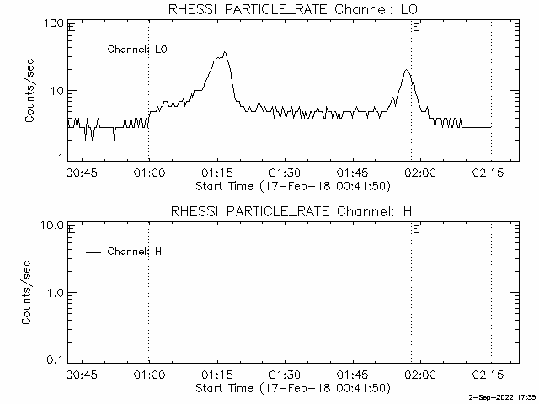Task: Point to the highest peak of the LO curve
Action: pyautogui.click(x=225, y=53)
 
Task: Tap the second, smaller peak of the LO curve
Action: pyautogui.click(x=406, y=71)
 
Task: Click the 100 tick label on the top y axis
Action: pyautogui.click(x=54, y=23)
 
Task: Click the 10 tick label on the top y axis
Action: pyautogui.click(x=57, y=90)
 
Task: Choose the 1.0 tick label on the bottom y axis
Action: pyautogui.click(x=55, y=292)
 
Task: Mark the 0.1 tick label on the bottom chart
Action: pyautogui.click(x=55, y=359)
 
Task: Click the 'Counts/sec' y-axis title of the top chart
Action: pyautogui.click(x=30, y=91)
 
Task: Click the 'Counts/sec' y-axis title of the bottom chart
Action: pyautogui.click(x=30, y=293)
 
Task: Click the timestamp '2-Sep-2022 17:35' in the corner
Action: pyautogui.click(x=502, y=396)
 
